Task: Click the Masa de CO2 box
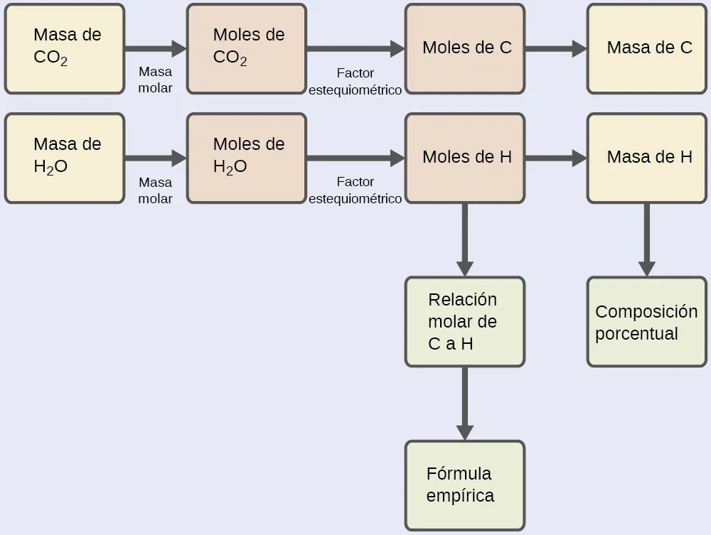65,48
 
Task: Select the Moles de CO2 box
247,48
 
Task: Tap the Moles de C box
465,48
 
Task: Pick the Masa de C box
647,48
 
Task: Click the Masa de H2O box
65,158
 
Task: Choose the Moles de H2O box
247,158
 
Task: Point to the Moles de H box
465,158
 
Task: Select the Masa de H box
647,158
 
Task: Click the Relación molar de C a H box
465,321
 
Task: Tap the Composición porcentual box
647,322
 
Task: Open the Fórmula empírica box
465,485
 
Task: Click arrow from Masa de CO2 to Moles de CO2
155,48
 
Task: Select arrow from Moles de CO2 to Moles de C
355,48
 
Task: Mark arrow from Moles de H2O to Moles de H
355,158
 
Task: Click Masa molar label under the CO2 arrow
155,80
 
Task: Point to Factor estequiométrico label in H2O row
355,190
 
